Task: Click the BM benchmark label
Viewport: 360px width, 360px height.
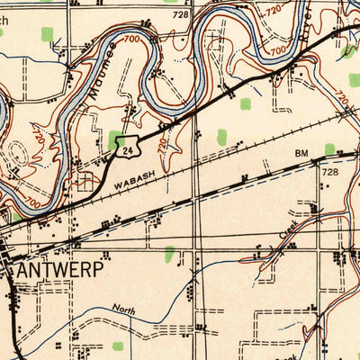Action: (301, 154)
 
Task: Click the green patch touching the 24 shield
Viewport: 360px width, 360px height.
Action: (116, 140)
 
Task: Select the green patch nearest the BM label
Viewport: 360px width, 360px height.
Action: (329, 148)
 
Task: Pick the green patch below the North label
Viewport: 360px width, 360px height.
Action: (118, 346)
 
